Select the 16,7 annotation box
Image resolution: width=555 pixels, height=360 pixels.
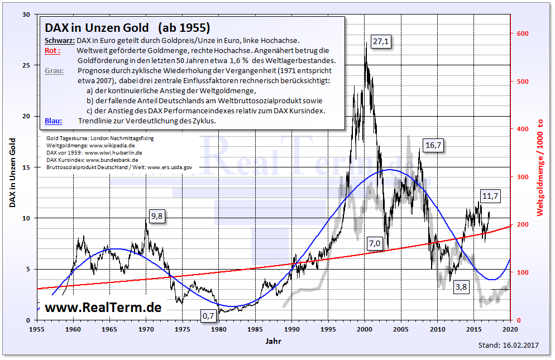pos(434,145)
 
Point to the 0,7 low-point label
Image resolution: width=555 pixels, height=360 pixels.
pos(208,316)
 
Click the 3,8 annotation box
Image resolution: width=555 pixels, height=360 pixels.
pos(461,287)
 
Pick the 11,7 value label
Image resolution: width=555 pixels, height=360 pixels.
pos(490,196)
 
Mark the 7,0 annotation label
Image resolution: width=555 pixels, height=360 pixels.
pos(374,243)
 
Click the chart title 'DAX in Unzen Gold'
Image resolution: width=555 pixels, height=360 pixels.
pos(97,27)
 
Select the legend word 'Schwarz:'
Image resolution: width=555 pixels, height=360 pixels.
pos(59,40)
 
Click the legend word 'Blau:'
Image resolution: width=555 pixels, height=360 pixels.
pos(53,121)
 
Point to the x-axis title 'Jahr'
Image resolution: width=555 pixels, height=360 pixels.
pos(274,340)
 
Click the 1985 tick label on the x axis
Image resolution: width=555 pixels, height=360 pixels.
pos(255,329)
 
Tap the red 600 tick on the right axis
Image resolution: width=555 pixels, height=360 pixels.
pos(522,33)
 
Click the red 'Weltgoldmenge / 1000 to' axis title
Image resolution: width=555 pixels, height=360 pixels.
pos(540,167)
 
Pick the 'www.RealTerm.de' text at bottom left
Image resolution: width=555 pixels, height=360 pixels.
pos(103,307)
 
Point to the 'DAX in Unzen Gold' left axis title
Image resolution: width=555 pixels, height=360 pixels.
pos(12,167)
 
